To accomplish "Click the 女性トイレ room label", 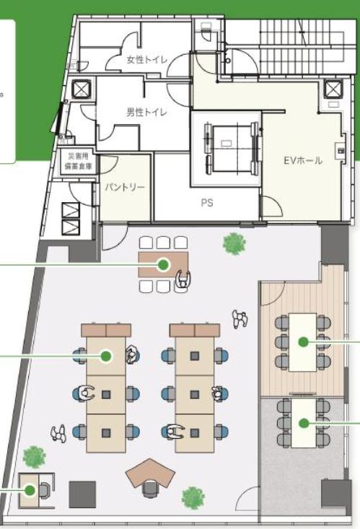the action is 146,60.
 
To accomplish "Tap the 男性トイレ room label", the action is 146,112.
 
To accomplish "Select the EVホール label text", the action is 302,161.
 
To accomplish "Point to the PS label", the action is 207,202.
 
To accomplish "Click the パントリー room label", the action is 125,187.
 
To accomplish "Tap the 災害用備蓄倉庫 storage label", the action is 78,161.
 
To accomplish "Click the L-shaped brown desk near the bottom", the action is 150,471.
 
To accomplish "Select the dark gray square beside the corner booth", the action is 82,494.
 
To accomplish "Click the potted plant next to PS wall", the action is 234,243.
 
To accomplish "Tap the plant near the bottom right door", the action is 193,498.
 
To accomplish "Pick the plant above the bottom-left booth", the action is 34,457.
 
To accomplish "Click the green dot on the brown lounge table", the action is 163,264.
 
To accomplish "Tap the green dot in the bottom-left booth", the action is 30,490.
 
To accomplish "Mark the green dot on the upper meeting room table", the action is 304,342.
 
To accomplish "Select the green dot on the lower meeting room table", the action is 304,423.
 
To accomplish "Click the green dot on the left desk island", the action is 106,356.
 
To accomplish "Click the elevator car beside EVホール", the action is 232,147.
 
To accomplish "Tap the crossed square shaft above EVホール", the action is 333,88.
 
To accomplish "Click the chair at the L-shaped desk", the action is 151,489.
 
